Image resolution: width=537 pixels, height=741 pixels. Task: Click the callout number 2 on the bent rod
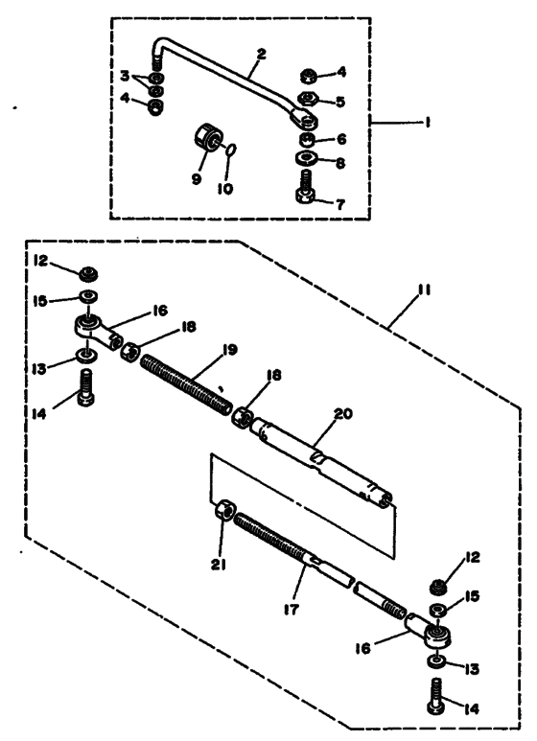pos(261,54)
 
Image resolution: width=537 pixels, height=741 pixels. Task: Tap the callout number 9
pos(197,179)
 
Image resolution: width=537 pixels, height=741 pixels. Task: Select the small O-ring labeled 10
pos(231,150)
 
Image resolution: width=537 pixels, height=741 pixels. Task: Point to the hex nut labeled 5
pos(308,99)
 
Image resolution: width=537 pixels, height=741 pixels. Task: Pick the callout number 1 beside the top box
pos(427,123)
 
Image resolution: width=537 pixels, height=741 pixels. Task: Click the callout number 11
pos(425,289)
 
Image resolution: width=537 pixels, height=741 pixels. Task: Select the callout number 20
pos(343,413)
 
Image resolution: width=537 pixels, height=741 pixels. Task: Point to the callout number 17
pos(292,609)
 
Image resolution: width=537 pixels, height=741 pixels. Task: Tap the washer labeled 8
pos(306,157)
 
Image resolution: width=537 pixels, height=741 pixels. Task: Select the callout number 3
pos(125,76)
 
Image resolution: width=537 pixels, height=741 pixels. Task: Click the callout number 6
pos(340,139)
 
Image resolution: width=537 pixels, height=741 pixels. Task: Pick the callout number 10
pos(225,189)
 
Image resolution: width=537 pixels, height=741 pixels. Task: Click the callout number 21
pos(218,564)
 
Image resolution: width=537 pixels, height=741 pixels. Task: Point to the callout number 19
pos(230,350)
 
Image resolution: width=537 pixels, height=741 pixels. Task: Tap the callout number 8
pos(340,163)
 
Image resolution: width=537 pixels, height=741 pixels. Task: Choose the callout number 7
pos(340,204)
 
